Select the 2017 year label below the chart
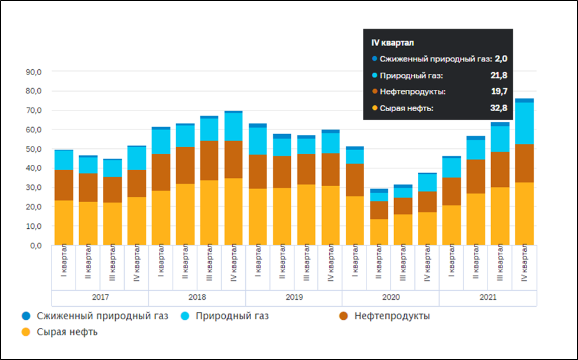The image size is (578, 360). point(100,298)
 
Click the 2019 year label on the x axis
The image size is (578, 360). point(294,298)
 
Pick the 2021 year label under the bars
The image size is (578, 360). point(488,298)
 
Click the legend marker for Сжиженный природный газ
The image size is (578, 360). point(24,316)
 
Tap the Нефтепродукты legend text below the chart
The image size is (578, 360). point(392,316)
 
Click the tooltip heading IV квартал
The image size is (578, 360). point(392,43)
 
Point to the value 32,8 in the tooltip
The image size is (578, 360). point(499,108)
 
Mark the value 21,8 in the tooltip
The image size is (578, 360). point(499,75)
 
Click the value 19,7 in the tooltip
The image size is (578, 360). point(499,92)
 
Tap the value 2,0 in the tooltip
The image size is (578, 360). point(501,59)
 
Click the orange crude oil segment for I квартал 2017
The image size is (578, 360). point(64,222)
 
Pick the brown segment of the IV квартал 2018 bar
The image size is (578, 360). point(233,159)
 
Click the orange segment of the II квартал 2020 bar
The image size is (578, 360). point(379,232)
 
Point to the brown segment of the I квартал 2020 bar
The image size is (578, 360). point(355,180)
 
